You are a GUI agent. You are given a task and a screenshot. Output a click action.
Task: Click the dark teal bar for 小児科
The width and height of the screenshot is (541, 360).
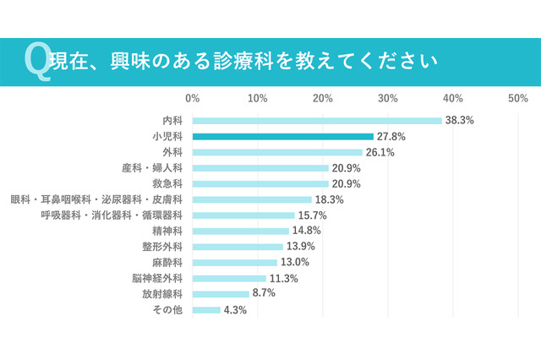(282, 136)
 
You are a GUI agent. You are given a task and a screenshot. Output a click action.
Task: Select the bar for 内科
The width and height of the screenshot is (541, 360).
(317, 120)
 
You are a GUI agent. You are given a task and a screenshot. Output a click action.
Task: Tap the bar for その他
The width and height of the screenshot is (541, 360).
(206, 310)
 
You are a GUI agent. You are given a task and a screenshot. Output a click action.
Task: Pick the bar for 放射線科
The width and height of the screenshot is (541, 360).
(221, 294)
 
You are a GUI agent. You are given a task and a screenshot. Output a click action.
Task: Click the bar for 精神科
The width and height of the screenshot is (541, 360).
(240, 231)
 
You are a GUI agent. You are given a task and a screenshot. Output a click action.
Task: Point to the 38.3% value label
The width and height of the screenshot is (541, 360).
(460, 121)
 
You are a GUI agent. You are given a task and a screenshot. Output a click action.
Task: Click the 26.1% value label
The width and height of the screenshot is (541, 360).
(380, 152)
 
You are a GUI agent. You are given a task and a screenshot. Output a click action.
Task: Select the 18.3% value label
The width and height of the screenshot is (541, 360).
(329, 199)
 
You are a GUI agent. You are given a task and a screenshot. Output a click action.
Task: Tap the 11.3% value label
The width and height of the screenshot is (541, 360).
(283, 278)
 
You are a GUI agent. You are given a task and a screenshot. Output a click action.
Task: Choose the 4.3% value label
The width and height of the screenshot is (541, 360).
(234, 310)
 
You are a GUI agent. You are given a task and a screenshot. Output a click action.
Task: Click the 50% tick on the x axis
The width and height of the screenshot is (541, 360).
(518, 99)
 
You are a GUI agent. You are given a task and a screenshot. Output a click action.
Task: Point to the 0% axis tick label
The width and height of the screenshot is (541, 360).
(193, 99)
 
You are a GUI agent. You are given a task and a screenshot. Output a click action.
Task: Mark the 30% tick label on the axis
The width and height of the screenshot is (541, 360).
(388, 99)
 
